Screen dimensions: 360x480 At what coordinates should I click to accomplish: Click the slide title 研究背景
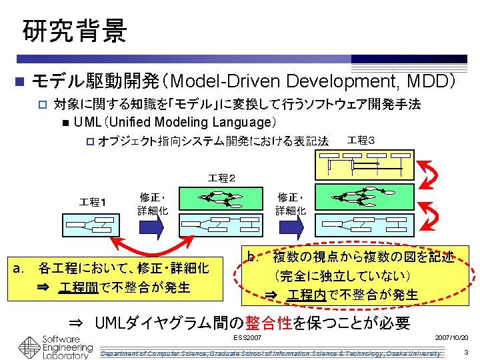[x=74, y=31]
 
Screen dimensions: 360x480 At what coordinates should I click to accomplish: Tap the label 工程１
[x=95, y=201]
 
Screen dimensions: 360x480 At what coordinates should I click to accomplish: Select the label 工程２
[x=221, y=178]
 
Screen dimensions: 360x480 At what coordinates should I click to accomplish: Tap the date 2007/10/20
[x=451, y=339]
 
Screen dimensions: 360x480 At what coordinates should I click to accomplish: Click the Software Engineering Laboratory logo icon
[x=29, y=347]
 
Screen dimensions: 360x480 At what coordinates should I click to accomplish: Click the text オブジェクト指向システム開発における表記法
[x=213, y=141]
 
